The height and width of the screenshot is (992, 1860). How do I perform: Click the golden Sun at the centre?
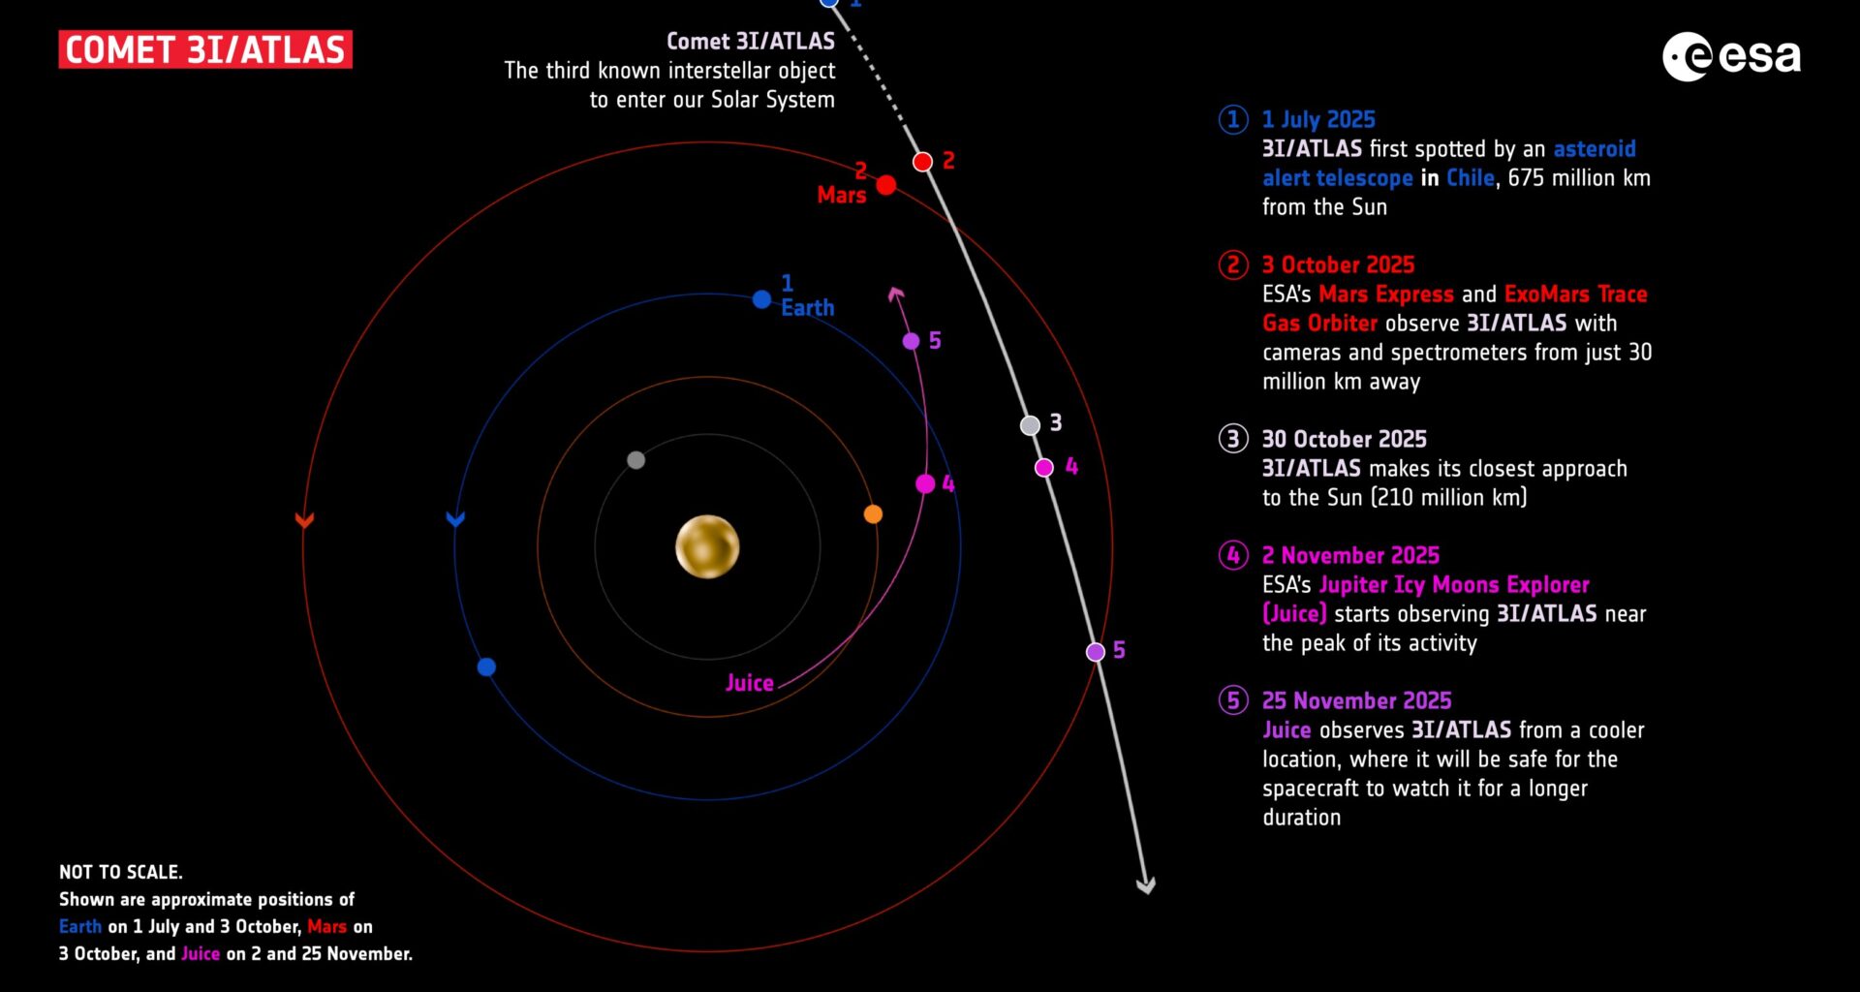click(x=707, y=546)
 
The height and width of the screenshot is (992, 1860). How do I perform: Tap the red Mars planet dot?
click(x=885, y=185)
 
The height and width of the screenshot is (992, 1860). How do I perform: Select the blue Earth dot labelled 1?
click(x=761, y=300)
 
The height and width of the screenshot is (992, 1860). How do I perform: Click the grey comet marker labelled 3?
click(x=1030, y=425)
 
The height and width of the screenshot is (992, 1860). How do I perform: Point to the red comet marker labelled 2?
click(x=922, y=162)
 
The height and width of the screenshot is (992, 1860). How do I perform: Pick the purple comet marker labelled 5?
click(x=1095, y=652)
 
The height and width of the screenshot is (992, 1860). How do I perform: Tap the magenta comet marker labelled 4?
click(x=1043, y=468)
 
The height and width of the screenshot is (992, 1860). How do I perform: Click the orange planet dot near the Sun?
click(x=873, y=514)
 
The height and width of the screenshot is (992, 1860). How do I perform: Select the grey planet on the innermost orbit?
click(x=635, y=460)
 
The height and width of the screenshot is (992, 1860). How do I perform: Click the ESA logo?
click(x=1731, y=56)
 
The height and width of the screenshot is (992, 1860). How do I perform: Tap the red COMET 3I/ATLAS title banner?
click(x=205, y=49)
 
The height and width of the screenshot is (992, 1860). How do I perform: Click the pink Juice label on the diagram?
click(x=750, y=683)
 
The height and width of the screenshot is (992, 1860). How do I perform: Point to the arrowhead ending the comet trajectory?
click(x=1145, y=884)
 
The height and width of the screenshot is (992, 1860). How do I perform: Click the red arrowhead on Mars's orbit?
click(x=304, y=521)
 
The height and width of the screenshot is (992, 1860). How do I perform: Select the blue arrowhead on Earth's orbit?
click(x=455, y=519)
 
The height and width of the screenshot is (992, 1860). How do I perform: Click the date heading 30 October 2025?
click(x=1344, y=439)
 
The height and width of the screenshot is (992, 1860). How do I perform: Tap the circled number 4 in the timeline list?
click(x=1232, y=555)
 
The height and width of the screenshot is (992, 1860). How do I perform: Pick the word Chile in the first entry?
click(x=1471, y=178)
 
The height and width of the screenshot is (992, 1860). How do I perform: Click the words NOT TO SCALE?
click(x=121, y=872)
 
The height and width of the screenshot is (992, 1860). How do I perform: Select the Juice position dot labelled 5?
click(x=911, y=341)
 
